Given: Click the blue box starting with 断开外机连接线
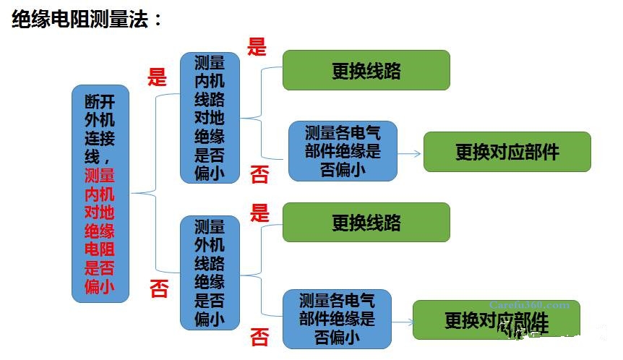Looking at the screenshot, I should coord(100,193).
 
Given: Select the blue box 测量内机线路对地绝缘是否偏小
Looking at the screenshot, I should coord(210,116).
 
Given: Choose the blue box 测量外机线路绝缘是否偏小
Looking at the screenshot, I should coord(210,272).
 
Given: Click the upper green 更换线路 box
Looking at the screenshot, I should coord(366,70).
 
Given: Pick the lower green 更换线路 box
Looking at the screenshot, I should coord(366,222).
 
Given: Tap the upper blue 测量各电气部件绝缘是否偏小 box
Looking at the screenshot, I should coord(342,150).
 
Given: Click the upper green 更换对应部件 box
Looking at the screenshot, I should coord(507,152).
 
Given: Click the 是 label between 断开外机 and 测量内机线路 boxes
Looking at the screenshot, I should coord(157,77).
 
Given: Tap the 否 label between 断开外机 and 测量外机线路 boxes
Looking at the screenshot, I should coord(158,289).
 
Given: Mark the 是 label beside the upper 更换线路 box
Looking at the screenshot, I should coord(257,47).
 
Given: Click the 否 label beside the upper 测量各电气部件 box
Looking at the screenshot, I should coord(259,173).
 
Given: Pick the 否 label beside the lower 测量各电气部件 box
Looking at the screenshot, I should coord(259,337).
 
